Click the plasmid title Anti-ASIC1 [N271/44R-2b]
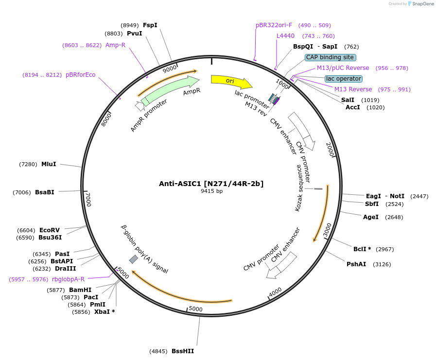coord(211,184)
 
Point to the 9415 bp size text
coord(211,191)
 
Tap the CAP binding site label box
coord(330,57)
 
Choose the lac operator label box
coord(344,79)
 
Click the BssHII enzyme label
coord(182,351)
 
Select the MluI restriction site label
coord(49,164)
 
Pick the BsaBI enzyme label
coord(45,192)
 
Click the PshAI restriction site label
coord(356,264)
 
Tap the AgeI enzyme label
coord(370,217)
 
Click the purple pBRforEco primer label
coord(81,75)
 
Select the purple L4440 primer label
coord(285,36)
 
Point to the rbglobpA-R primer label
coord(68,279)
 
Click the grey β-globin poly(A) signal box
coord(133,259)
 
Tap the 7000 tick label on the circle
coord(88,200)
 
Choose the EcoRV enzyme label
coord(50,230)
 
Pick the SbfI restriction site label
coord(372,204)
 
